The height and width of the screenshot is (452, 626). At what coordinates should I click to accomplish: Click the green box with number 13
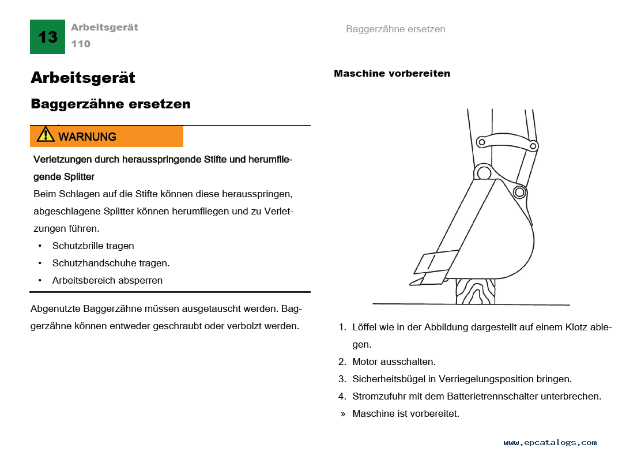47,37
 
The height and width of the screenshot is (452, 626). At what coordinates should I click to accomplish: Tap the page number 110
81,44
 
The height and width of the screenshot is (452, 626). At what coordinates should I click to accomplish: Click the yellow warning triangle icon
46,135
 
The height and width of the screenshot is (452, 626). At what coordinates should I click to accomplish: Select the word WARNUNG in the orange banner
87,137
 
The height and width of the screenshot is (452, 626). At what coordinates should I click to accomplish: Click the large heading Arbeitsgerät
83,77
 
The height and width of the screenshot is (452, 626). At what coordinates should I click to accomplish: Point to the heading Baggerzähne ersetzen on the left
111,104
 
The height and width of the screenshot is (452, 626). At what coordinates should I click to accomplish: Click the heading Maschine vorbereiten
392,73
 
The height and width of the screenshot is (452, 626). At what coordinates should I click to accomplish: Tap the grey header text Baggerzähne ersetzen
395,29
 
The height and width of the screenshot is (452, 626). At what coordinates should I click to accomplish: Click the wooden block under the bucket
475,291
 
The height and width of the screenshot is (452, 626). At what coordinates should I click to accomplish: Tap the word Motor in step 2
365,362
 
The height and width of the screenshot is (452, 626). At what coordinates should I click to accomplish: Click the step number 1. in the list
342,327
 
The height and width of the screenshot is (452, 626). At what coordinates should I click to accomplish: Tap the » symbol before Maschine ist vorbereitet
343,414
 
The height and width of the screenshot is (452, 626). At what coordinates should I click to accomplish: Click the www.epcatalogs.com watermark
550,443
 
